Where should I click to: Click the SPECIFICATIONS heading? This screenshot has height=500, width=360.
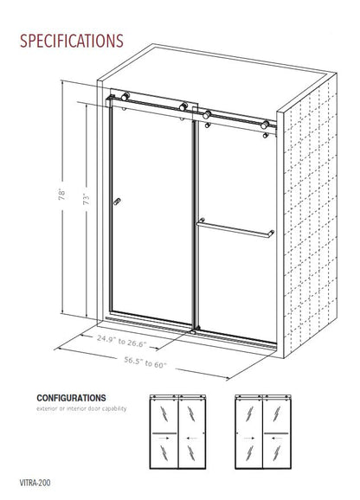[x=71, y=40]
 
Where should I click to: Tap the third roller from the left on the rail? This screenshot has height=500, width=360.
[x=207, y=112]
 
